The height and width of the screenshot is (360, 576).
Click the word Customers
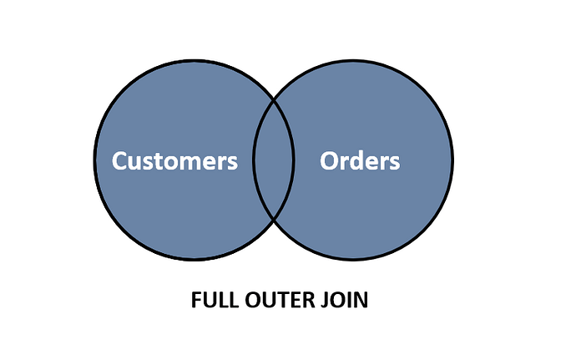coord(174,160)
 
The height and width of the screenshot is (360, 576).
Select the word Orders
coord(360,160)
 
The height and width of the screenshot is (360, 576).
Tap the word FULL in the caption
coord(215,300)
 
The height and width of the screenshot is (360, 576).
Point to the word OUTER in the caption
coord(280,300)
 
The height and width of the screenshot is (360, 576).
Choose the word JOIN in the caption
coord(344,300)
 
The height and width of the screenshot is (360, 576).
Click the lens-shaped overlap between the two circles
coord(273,160)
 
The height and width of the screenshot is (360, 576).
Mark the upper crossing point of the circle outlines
coord(274,99)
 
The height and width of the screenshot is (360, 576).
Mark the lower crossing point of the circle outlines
coord(274,221)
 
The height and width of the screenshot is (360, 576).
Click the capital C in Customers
coord(119,160)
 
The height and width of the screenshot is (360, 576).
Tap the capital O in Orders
coord(329,160)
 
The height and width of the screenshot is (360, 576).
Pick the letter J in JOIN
coord(325,300)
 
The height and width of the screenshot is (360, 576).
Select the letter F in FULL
coord(196,300)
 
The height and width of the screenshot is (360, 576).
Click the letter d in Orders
coord(357,160)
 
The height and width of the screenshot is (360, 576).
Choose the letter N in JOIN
coord(361,300)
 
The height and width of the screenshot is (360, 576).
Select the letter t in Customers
coord(163,162)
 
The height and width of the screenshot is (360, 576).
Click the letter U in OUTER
coord(270,300)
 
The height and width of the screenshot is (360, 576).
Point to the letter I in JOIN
coord(348,300)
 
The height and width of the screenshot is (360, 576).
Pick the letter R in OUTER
coord(311,300)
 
